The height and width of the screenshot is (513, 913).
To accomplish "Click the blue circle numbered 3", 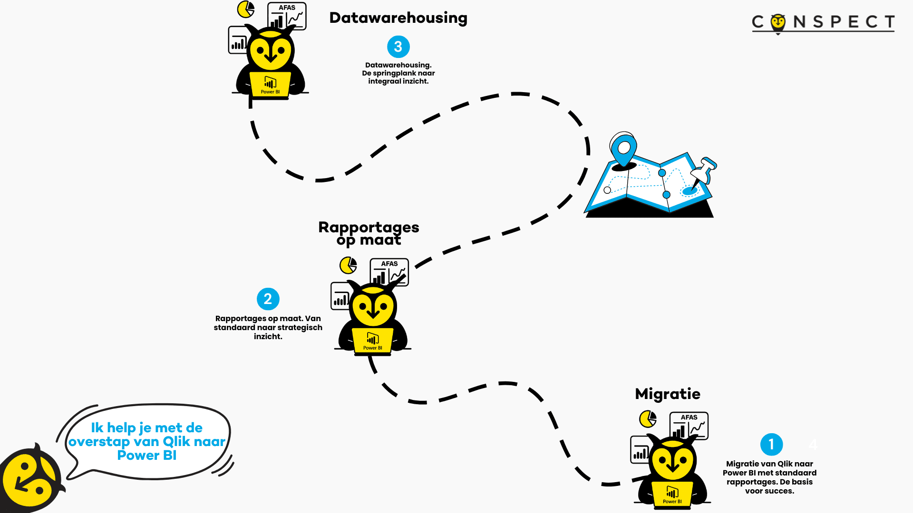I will (x=398, y=47).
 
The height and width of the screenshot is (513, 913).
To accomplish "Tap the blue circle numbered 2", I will (x=268, y=299).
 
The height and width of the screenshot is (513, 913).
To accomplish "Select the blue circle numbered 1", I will (x=771, y=445).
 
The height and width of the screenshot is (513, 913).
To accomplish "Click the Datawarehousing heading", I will (x=398, y=18).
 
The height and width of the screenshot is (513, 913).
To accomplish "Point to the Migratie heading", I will (x=667, y=394).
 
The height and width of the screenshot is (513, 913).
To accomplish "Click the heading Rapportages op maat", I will (x=369, y=233).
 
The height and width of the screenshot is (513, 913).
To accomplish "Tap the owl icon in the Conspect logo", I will (x=778, y=23).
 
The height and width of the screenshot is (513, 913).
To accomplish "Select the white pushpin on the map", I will (x=704, y=171).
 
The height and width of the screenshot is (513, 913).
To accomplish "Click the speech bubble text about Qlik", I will (x=147, y=441).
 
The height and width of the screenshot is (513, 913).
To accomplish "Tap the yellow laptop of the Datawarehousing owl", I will (x=270, y=85).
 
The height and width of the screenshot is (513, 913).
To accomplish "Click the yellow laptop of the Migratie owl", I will (x=672, y=494).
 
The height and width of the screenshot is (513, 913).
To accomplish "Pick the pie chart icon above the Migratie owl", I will (x=648, y=419).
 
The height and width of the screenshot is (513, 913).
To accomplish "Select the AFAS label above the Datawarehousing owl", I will (x=287, y=8).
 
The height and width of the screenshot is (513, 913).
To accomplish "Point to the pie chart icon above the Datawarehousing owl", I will (x=246, y=9).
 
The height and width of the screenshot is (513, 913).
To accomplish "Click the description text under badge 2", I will (x=268, y=327).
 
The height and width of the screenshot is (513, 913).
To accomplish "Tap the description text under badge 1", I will (x=769, y=477).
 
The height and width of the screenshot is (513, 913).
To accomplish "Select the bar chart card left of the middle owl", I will (x=340, y=296).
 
